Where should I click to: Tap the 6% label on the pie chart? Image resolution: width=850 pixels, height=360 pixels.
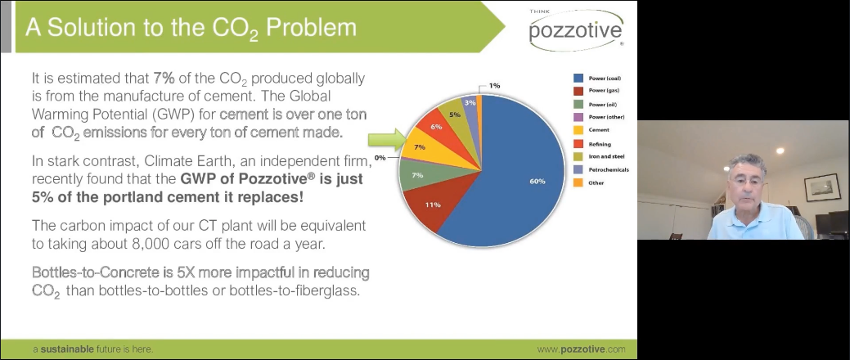tap(436, 127)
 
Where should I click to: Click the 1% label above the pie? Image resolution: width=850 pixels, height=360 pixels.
tap(494, 85)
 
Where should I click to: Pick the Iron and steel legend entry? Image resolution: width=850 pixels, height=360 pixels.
tap(605, 156)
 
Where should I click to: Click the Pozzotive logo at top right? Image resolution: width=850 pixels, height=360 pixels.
tap(576, 33)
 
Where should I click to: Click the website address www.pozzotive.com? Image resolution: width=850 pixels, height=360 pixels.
tap(582, 349)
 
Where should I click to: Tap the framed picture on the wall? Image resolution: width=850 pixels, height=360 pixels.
tap(820, 187)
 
